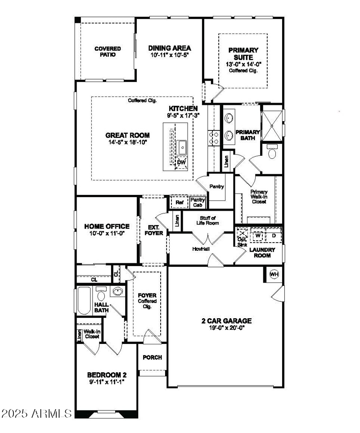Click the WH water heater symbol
click(x=274, y=274)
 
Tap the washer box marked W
click(x=258, y=235)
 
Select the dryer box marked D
click(x=274, y=235)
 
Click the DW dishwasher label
click(x=181, y=162)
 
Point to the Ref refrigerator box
click(x=180, y=203)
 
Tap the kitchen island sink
click(x=183, y=146)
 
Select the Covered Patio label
click(x=105, y=52)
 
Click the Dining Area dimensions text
click(x=169, y=55)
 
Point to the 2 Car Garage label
click(x=226, y=321)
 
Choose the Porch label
click(x=152, y=357)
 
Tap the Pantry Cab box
click(x=198, y=203)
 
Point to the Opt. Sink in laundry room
click(x=242, y=237)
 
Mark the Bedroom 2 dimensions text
click(x=107, y=381)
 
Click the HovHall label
click(x=201, y=248)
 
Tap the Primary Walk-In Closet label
click(x=259, y=197)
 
